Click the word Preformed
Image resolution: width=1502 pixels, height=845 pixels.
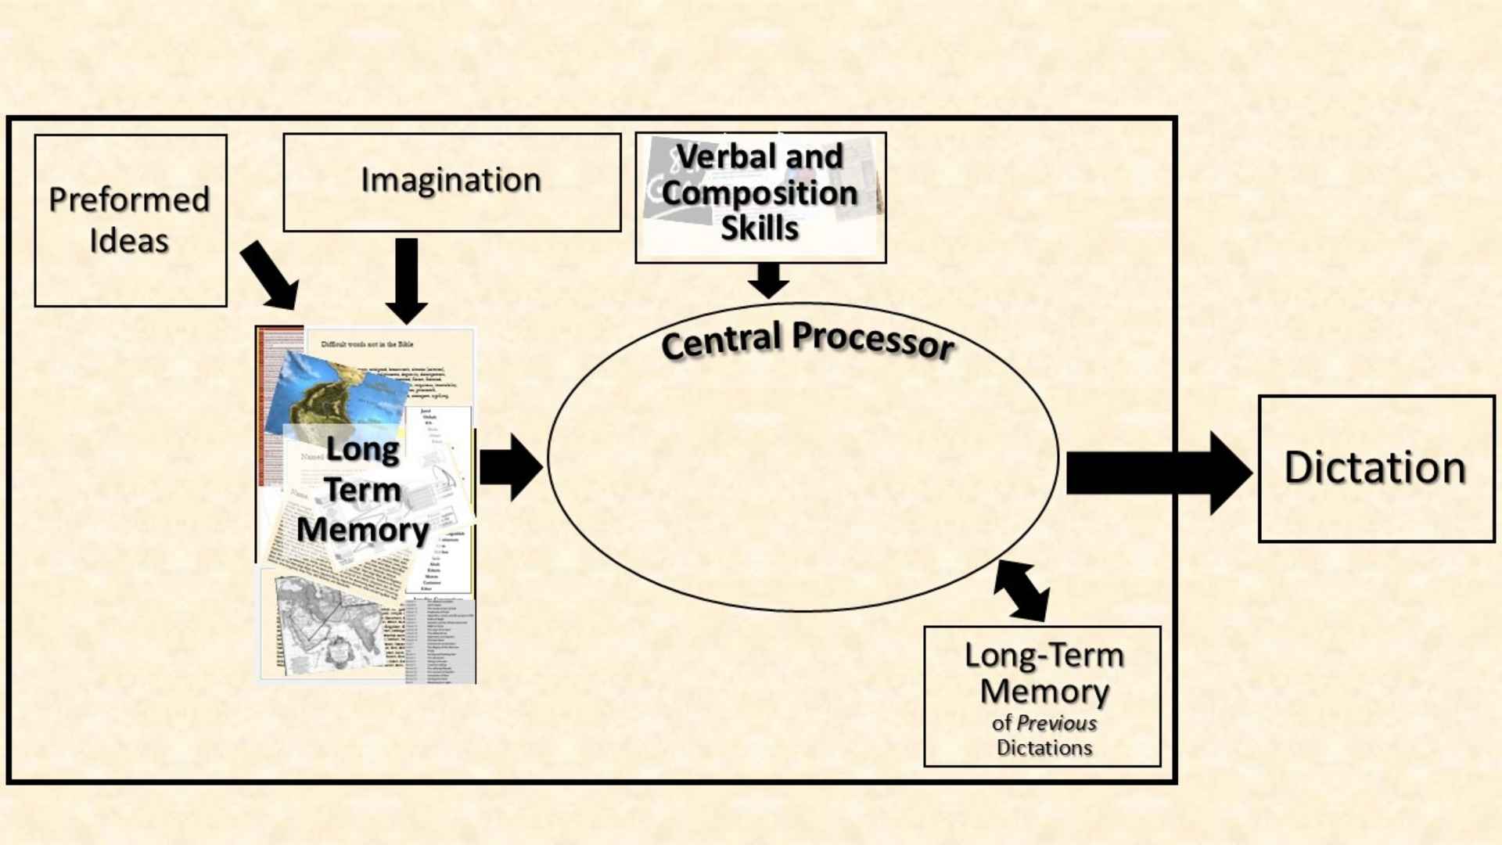(129, 200)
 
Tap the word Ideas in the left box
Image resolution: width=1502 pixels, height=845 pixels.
(129, 241)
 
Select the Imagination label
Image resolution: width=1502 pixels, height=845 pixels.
(451, 180)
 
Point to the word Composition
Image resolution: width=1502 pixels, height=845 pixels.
(760, 193)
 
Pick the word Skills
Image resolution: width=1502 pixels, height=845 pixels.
(760, 228)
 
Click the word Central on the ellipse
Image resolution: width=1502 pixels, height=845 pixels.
(721, 341)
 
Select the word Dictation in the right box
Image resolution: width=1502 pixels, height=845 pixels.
(1374, 468)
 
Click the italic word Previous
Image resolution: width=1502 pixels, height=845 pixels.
(1057, 723)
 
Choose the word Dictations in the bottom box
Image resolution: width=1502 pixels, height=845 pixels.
(1044, 748)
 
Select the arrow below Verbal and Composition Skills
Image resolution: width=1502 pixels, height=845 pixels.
(768, 280)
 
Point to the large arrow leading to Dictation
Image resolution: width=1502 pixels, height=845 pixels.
(1158, 473)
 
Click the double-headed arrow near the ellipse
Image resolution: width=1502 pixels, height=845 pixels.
(1022, 591)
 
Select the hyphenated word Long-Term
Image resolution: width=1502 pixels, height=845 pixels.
(1044, 656)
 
